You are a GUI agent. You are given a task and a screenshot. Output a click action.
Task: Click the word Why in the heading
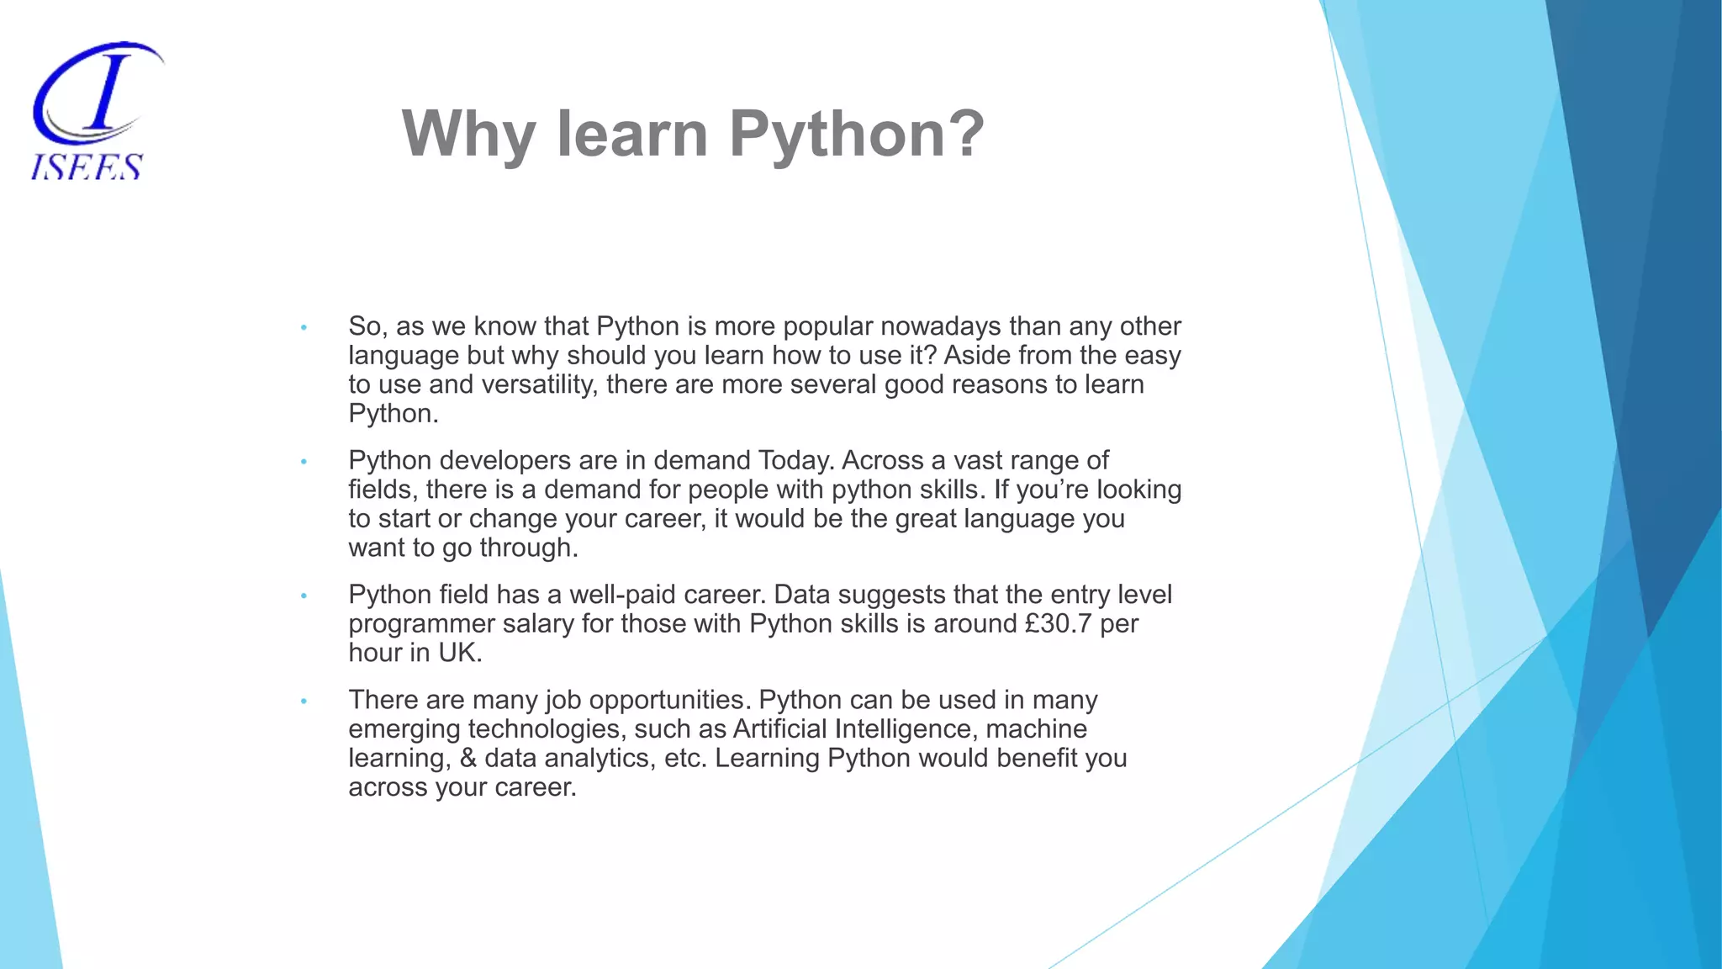coord(467,134)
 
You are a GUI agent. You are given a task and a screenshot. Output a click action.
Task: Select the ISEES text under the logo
coord(87,167)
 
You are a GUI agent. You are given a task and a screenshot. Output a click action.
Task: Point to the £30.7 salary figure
coord(1059,623)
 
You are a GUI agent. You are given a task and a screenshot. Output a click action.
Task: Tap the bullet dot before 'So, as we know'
coord(304,327)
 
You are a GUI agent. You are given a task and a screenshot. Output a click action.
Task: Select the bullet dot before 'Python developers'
coord(304,462)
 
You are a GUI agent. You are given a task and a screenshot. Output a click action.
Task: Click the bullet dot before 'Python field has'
coord(304,596)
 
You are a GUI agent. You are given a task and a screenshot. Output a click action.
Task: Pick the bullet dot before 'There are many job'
coord(304,701)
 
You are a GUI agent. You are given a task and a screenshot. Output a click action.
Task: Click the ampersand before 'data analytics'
coord(467,758)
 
